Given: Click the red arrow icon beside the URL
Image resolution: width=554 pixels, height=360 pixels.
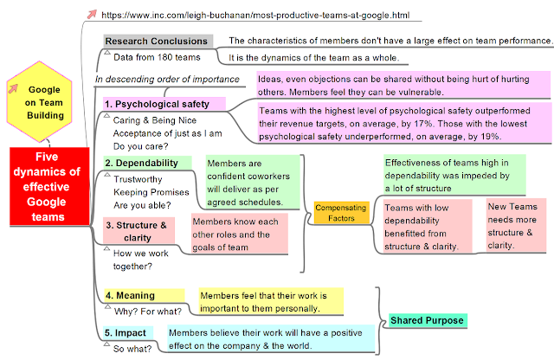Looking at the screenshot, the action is (92, 14).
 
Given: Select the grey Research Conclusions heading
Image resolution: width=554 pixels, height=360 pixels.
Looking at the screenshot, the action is (157, 41).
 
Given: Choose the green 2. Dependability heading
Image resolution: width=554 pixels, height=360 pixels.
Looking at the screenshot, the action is (141, 162).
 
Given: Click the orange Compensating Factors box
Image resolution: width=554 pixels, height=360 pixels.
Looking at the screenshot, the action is (340, 213).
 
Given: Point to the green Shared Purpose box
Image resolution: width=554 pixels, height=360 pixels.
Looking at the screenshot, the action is (428, 320).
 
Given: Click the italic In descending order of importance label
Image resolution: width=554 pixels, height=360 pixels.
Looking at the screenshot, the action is (167, 80).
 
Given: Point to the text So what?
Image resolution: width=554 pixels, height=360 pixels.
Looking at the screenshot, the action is (133, 349).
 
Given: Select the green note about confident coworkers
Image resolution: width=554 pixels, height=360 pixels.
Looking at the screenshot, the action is (252, 182).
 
